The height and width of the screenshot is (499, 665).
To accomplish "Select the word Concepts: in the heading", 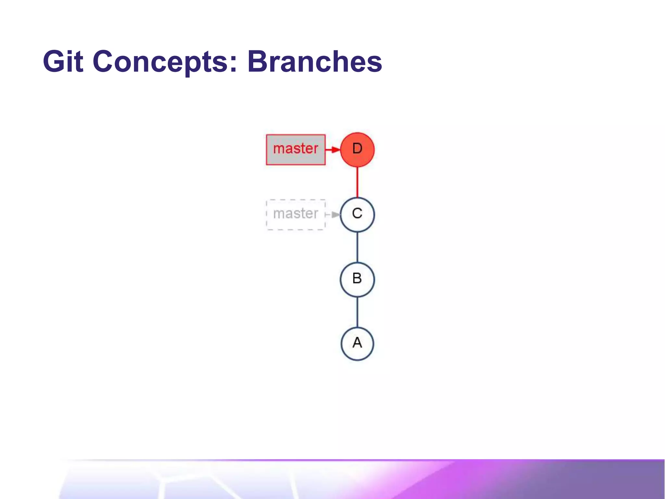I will [x=165, y=61].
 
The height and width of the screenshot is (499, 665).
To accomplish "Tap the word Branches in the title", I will [x=314, y=61].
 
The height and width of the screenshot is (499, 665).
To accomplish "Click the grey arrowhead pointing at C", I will [x=336, y=215].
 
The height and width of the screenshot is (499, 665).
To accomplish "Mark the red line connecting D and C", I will [x=357, y=182].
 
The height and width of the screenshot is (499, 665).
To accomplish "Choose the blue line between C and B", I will [x=357, y=247].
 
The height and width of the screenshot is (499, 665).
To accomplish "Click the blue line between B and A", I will [x=357, y=312].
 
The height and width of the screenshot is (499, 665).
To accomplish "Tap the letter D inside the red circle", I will [x=357, y=149].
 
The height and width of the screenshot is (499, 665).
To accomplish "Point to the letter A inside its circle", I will [x=357, y=343].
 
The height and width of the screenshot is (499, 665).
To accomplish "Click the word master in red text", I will [x=295, y=149].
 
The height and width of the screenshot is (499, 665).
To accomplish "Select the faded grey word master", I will [x=295, y=214].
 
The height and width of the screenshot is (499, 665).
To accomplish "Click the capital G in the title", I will [x=54, y=61].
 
